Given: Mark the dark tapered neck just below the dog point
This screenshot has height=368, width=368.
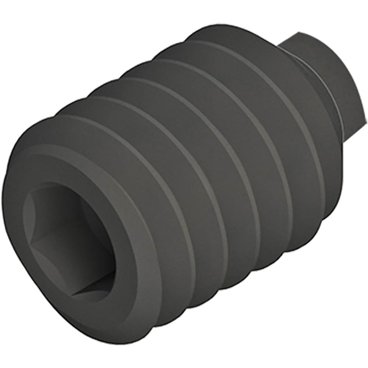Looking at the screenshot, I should click(331, 110).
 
